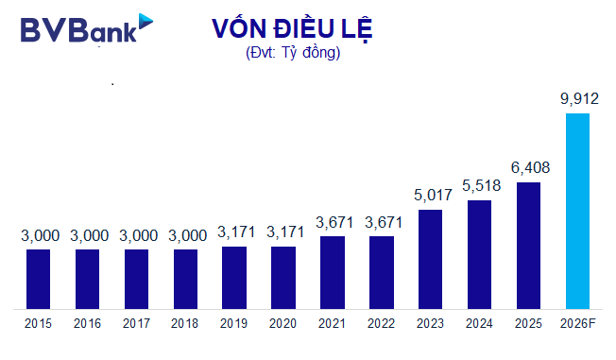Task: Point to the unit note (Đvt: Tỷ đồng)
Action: (x=292, y=53)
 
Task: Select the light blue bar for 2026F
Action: (x=577, y=211)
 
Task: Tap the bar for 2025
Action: (x=528, y=245)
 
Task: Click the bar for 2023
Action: (x=430, y=259)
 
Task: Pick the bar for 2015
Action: (x=38, y=279)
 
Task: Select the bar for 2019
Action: (x=234, y=277)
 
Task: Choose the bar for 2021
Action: (x=333, y=272)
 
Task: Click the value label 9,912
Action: (x=577, y=98)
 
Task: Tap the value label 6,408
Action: (x=528, y=168)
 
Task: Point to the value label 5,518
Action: (x=479, y=186)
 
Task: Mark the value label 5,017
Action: (x=430, y=196)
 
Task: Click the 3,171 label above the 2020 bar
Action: (x=283, y=232)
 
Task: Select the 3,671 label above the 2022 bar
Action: (x=381, y=222)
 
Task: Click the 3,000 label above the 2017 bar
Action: (x=136, y=235)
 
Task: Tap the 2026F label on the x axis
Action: (x=577, y=324)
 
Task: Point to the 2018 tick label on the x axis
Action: (x=185, y=324)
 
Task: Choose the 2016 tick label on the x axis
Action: (x=87, y=324)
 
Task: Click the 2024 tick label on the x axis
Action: (x=479, y=324)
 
